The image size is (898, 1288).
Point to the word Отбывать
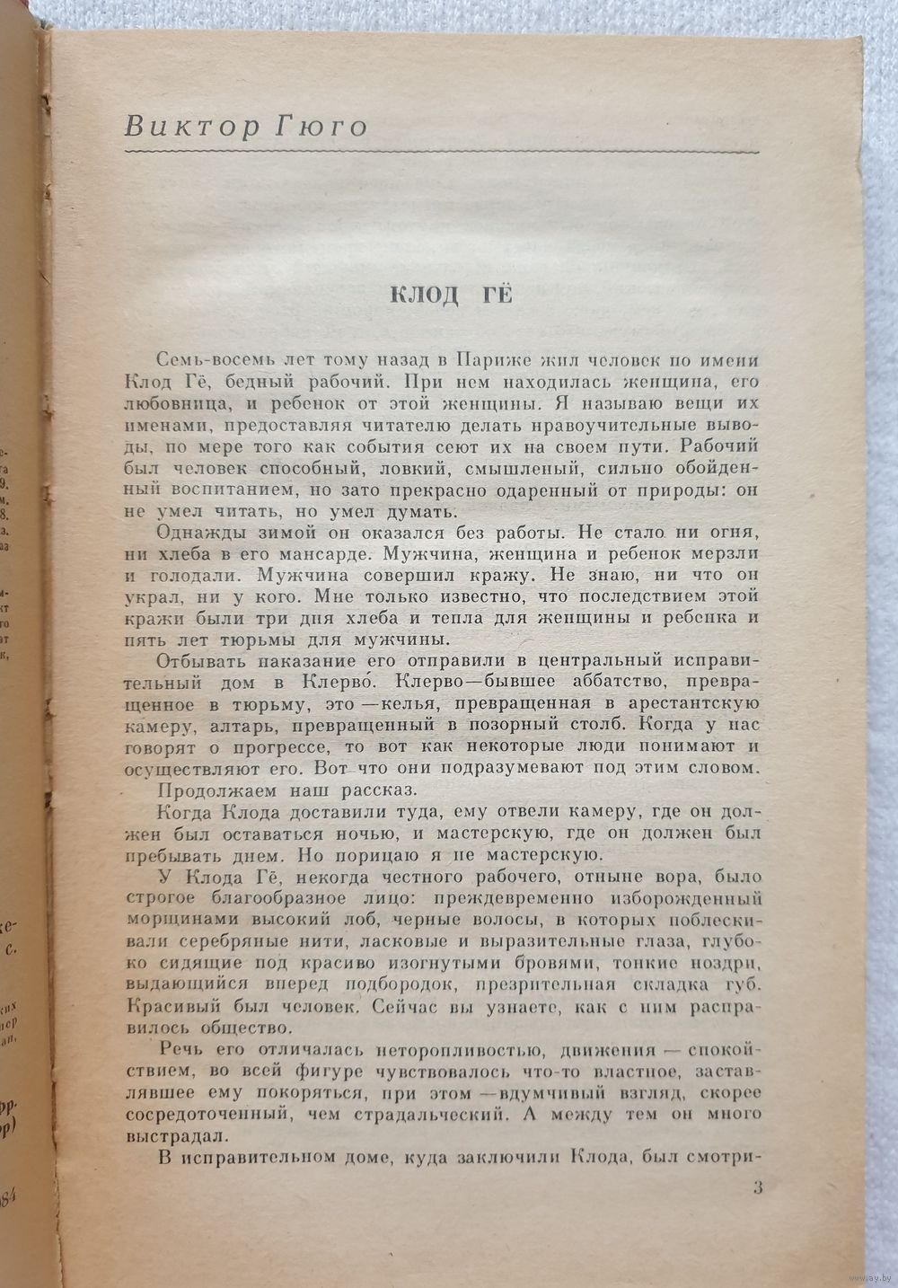(x=197, y=661)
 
